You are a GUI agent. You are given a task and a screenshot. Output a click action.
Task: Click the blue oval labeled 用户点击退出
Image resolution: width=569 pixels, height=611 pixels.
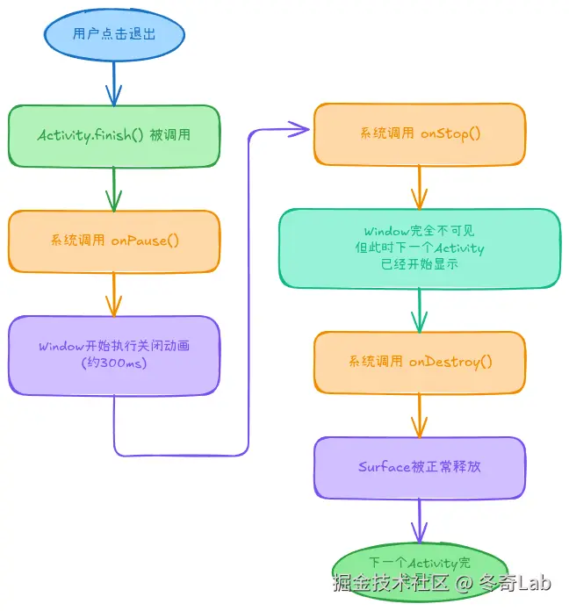pyautogui.click(x=114, y=36)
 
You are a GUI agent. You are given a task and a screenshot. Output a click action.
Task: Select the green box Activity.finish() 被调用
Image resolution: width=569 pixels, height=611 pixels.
pyautogui.click(x=114, y=135)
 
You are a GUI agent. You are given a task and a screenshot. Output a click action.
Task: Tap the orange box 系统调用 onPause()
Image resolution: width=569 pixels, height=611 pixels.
pyautogui.click(x=114, y=240)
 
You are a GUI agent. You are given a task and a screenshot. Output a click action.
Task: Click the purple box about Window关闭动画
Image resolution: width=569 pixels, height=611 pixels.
pyautogui.click(x=114, y=354)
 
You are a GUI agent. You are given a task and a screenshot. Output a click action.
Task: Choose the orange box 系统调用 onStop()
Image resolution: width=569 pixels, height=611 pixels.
pyautogui.click(x=420, y=134)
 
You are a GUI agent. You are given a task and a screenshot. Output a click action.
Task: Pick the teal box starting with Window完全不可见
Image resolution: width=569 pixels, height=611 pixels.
pyautogui.click(x=420, y=248)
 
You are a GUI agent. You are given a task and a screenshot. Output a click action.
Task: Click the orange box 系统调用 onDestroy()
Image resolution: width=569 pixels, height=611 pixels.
pyautogui.click(x=420, y=362)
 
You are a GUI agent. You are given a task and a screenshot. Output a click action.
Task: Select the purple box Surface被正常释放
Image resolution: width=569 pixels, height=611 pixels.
pyautogui.click(x=420, y=467)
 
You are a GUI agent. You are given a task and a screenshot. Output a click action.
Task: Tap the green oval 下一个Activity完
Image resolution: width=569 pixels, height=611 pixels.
pyautogui.click(x=420, y=563)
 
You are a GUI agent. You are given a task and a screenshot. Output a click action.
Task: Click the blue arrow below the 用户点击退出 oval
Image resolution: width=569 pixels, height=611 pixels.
pyautogui.click(x=114, y=84)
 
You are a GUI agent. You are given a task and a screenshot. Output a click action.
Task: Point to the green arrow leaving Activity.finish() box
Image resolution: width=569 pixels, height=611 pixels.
pyautogui.click(x=114, y=188)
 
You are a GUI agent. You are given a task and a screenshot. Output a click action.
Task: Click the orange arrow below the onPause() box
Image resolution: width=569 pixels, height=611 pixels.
pyautogui.click(x=114, y=293)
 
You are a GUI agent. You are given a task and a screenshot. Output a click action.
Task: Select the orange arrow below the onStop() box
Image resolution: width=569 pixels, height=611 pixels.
pyautogui.click(x=420, y=186)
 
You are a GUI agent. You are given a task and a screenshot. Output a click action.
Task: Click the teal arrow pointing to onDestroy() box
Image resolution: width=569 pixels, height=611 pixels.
pyautogui.click(x=420, y=310)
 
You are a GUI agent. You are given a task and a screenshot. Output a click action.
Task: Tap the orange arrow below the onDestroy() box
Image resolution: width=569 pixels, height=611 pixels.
pyautogui.click(x=420, y=414)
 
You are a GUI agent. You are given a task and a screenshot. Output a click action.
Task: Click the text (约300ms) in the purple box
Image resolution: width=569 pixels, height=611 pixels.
pyautogui.click(x=114, y=363)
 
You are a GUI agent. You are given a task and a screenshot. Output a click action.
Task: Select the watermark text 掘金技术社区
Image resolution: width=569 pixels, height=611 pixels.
pyautogui.click(x=391, y=583)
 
